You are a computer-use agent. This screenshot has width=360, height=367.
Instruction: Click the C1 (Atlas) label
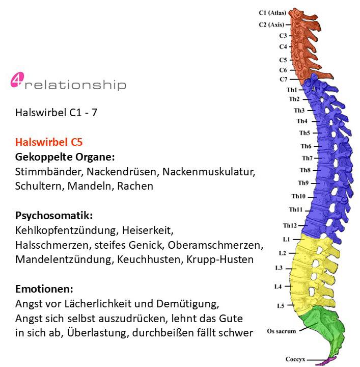pos(272,13)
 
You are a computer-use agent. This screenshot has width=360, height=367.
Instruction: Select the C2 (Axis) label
pos(271,24)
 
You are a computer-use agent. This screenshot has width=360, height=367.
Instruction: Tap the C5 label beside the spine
pos(283,60)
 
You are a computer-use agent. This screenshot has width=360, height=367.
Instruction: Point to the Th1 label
pos(292,90)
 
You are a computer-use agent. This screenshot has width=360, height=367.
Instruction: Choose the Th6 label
pos(306,146)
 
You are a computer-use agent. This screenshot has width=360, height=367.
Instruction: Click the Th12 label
pos(290,225)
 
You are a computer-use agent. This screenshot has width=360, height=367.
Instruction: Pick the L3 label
pos(279,268)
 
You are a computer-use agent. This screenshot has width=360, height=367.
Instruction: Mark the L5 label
pos(281,306)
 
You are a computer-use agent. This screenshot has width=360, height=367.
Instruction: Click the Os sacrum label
pos(282,331)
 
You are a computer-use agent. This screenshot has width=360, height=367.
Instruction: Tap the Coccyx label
pos(295,359)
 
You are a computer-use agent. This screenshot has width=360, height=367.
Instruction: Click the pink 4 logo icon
pos(17,80)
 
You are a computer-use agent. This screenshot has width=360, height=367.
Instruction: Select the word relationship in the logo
pos(75,86)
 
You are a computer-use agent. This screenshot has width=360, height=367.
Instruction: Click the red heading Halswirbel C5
pos(49,142)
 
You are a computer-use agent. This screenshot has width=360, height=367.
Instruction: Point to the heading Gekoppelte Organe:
pos(65,157)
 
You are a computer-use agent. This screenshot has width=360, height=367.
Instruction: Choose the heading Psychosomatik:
pos(54,216)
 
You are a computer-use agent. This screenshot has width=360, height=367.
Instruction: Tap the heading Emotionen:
pos(44,289)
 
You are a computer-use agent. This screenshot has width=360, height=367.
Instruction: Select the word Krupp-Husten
pos(220,259)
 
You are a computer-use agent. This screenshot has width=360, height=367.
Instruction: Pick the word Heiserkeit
pos(148,230)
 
